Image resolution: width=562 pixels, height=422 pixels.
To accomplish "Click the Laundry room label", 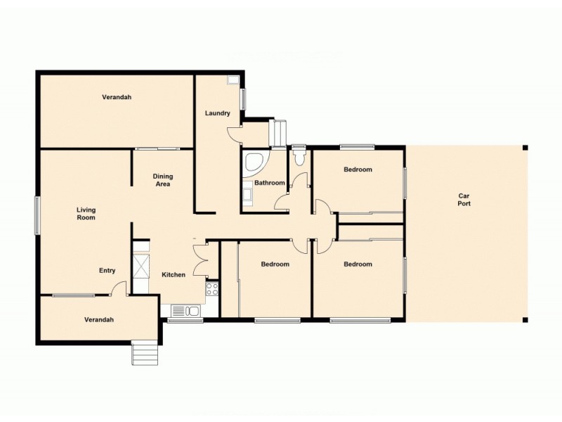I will tap(217, 113).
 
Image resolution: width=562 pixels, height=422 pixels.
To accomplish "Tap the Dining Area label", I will tap(163, 180).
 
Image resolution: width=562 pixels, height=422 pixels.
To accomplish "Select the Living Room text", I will tap(86, 214).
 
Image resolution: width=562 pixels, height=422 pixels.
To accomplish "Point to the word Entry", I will tap(107, 271).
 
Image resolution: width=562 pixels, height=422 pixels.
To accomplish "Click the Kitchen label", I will tap(174, 274).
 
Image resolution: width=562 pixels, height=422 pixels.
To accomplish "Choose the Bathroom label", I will tap(269, 183).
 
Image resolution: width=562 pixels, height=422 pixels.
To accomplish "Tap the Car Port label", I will tap(464, 200).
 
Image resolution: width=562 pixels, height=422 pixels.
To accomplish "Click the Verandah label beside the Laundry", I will tap(117, 97).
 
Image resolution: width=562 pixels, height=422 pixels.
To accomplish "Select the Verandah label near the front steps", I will tap(99, 319).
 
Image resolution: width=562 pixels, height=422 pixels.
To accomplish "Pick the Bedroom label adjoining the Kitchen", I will tap(275, 264).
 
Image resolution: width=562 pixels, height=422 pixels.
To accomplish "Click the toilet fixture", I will tap(300, 154).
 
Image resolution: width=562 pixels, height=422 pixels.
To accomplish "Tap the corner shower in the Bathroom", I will tap(252, 162).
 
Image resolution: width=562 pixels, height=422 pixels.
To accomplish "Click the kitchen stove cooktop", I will tap(212, 288).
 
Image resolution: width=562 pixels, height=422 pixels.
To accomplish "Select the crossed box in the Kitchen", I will tap(140, 267).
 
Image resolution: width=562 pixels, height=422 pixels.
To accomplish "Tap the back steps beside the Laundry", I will tap(279, 132).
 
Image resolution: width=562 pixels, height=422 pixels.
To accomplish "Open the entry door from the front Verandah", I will tap(120, 288).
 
